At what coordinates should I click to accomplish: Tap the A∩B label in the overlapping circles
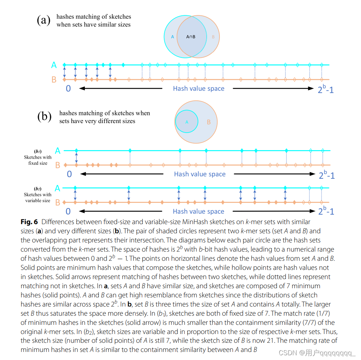[191, 37]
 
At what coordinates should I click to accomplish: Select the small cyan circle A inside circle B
[187, 122]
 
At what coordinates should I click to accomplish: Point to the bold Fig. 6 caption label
[29, 222]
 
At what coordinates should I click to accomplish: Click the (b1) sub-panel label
[38, 151]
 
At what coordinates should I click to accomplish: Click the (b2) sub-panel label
[38, 189]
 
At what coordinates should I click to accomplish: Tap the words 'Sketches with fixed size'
[38, 160]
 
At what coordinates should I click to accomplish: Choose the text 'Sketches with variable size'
[38, 198]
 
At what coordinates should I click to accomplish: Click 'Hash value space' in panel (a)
[199, 88]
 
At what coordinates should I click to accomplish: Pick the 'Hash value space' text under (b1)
[200, 174]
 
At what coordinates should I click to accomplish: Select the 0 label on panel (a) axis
[68, 88]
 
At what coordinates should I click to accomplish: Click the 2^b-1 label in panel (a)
[325, 89]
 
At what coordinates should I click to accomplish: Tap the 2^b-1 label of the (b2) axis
[326, 211]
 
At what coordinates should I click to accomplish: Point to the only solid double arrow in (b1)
[76, 158]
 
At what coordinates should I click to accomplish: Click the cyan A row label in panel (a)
[54, 65]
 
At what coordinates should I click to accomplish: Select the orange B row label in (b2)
[57, 203]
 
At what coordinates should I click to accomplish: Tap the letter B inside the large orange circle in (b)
[209, 122]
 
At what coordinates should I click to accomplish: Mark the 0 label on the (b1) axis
[69, 174]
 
